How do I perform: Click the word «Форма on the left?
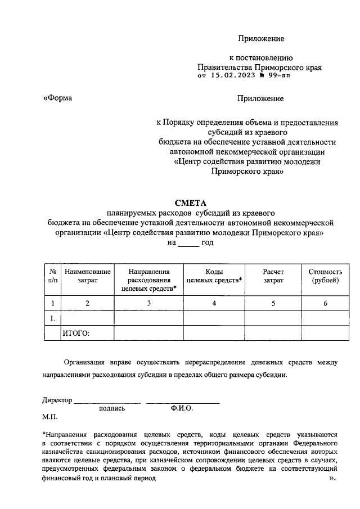[58, 98]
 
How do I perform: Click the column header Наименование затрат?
[87, 275]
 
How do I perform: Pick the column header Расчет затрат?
[273, 275]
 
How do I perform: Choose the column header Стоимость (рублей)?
[325, 275]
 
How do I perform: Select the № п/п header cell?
[52, 275]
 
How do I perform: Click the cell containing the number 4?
[214, 304]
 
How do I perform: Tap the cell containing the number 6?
[325, 304]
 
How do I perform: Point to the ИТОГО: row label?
[76, 334]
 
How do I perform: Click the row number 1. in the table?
[52, 318]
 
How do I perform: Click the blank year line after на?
[188, 244]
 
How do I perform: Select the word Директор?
[57, 400]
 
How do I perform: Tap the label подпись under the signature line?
[111, 409]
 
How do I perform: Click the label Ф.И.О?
[182, 409]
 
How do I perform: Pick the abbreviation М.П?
[49, 418]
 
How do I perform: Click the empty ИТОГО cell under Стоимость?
[325, 334]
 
